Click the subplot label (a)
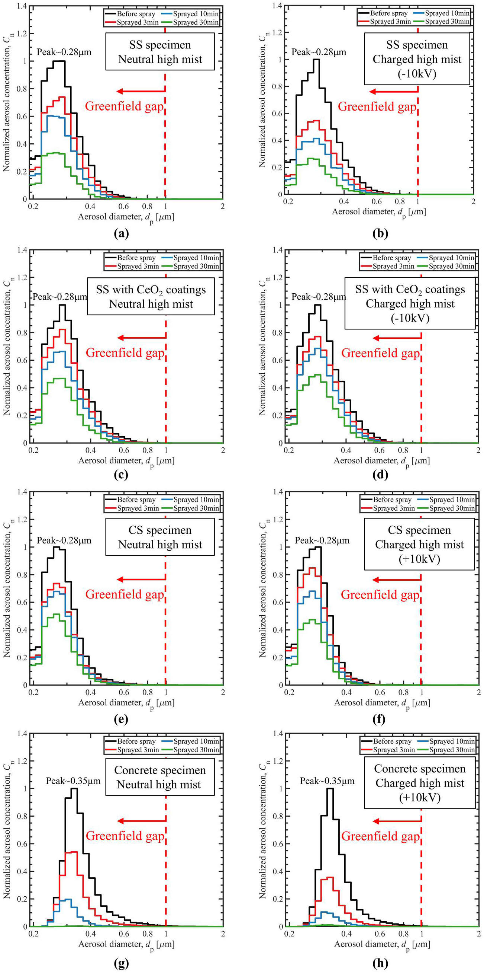tap(121, 233)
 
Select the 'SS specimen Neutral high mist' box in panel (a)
tap(160, 52)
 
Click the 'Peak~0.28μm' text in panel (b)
tap(319, 52)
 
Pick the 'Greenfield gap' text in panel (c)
tap(125, 353)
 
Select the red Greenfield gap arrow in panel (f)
tap(397, 580)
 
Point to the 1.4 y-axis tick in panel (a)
tap(22, 6)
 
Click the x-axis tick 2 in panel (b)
tap(473, 202)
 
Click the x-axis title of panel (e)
tap(126, 703)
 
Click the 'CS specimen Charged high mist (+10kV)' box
tap(419, 544)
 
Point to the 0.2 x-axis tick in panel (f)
tap(289, 692)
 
